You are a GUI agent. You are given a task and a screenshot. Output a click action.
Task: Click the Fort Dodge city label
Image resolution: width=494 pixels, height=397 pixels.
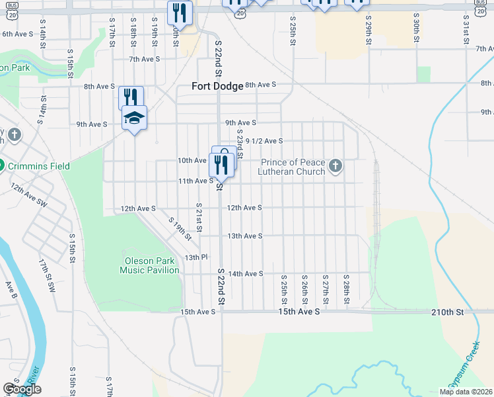[217, 85]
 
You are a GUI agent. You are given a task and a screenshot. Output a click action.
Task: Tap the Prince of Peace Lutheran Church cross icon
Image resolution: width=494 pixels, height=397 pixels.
[335, 166]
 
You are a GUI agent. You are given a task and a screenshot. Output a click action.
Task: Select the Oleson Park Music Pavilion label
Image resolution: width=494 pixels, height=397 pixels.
[149, 265]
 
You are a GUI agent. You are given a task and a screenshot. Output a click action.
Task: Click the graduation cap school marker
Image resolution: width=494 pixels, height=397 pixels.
[134, 118]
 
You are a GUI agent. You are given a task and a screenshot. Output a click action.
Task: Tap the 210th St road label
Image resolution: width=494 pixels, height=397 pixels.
[448, 311]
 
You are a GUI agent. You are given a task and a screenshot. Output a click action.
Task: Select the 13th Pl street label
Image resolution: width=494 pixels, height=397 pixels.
[196, 257]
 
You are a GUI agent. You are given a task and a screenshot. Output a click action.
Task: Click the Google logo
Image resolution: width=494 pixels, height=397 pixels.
[22, 389]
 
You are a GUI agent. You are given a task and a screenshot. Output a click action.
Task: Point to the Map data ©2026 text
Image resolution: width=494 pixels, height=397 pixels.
[465, 392]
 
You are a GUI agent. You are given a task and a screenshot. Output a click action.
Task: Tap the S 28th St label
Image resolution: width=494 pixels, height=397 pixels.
[346, 288]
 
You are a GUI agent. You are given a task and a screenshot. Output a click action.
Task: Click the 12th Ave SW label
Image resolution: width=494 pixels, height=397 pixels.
[29, 195]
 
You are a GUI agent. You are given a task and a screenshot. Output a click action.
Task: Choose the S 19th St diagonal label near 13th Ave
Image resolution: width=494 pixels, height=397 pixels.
[179, 229]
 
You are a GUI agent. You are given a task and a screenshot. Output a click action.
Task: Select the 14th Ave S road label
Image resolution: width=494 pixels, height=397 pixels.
[245, 273]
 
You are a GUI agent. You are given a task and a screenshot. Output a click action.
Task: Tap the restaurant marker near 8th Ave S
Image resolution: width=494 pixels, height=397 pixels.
[131, 98]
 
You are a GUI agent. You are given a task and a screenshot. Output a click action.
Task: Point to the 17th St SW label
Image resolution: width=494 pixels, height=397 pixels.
[48, 276]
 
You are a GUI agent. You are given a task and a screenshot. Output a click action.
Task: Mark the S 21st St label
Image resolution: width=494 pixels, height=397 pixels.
[197, 214]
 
